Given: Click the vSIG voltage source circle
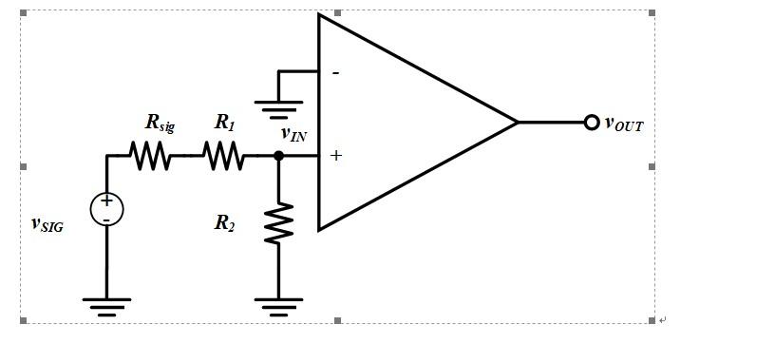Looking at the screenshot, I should tap(106, 209).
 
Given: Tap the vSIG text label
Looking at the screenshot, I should tap(47, 224).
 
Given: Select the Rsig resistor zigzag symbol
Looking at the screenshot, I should tap(152, 156).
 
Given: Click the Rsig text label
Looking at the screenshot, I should tap(160, 123).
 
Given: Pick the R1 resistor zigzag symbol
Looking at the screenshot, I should tap(223, 156).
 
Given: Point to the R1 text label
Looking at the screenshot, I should tap(224, 122).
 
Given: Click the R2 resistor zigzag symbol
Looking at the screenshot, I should tap(278, 223).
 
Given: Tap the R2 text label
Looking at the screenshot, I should tap(224, 223).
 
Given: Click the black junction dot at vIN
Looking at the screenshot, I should tap(278, 156).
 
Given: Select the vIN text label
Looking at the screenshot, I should tap(293, 134).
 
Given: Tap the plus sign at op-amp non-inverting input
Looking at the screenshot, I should tap(335, 156).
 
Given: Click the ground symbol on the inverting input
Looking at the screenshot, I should tap(278, 105).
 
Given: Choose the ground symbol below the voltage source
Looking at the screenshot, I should tap(106, 304).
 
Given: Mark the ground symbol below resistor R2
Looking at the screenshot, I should tap(278, 304).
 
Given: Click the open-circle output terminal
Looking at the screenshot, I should tap(592, 123).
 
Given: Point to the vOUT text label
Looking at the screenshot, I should tap(624, 124).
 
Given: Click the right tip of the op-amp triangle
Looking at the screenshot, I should tap(517, 123).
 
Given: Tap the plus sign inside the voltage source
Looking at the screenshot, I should tap(106, 201).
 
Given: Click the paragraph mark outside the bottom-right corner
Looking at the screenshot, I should tap(662, 321).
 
